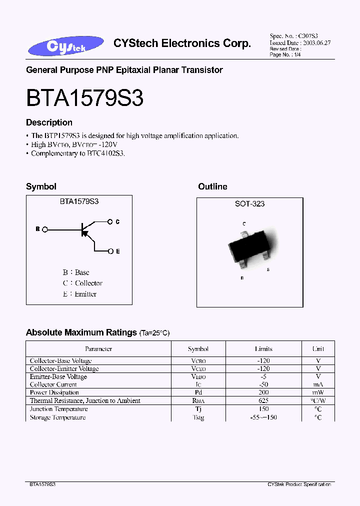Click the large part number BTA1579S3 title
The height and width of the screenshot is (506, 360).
85,98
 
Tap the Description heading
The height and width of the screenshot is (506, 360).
49,122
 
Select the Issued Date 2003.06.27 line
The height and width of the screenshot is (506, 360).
300,43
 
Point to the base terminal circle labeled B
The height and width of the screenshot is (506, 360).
44,229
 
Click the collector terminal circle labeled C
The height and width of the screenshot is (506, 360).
110,221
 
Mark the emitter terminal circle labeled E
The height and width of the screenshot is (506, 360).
110,251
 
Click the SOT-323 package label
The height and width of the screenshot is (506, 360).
249,204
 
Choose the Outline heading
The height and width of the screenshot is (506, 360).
212,186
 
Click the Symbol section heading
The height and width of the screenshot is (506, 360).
41,186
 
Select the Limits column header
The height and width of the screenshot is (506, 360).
263,349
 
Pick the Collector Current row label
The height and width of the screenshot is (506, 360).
53,384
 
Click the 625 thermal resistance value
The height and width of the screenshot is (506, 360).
263,400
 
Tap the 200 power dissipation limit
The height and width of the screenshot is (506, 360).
263,392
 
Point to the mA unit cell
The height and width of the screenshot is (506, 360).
318,384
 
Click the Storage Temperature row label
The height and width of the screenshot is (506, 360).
57,417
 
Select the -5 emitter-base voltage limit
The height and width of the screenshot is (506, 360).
263,376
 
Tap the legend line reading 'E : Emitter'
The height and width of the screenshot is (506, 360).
79,294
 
